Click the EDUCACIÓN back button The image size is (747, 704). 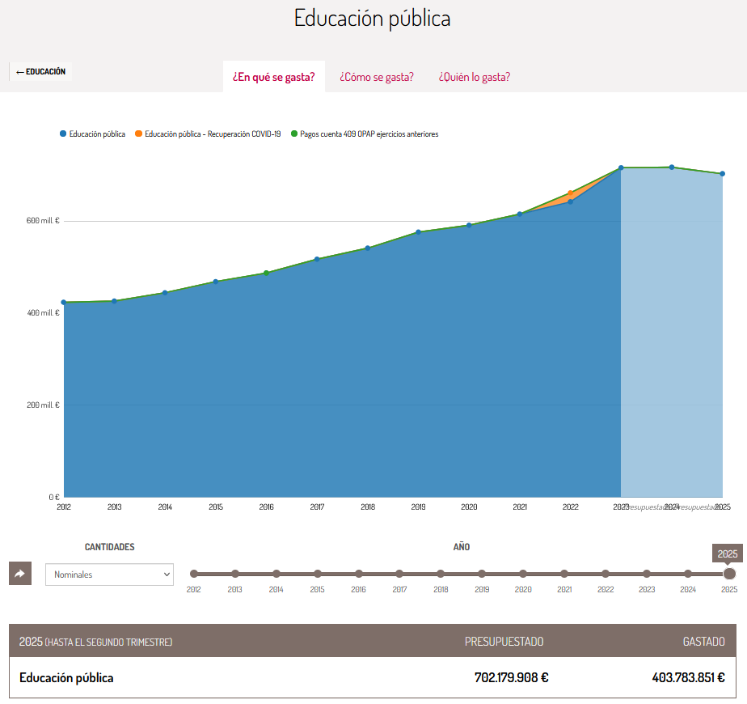coord(40,72)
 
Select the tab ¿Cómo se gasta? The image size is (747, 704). coord(377,77)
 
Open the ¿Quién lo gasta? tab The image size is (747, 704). coord(475,77)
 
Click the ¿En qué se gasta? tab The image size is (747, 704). coord(273,77)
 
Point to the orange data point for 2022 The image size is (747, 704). coord(571,193)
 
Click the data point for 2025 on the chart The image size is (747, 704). coord(722,173)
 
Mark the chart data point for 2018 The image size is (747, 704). coord(368,248)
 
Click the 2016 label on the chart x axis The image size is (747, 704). coord(266,507)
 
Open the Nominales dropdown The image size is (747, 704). coord(109,575)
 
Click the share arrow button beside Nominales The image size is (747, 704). coord(20,574)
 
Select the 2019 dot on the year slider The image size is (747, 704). coord(482,574)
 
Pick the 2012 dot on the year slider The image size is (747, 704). coord(194,574)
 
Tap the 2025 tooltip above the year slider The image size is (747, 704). coord(728,553)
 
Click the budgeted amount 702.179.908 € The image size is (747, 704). coord(511,678)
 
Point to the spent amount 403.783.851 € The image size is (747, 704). coord(688,678)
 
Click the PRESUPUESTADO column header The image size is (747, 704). coord(504,642)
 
